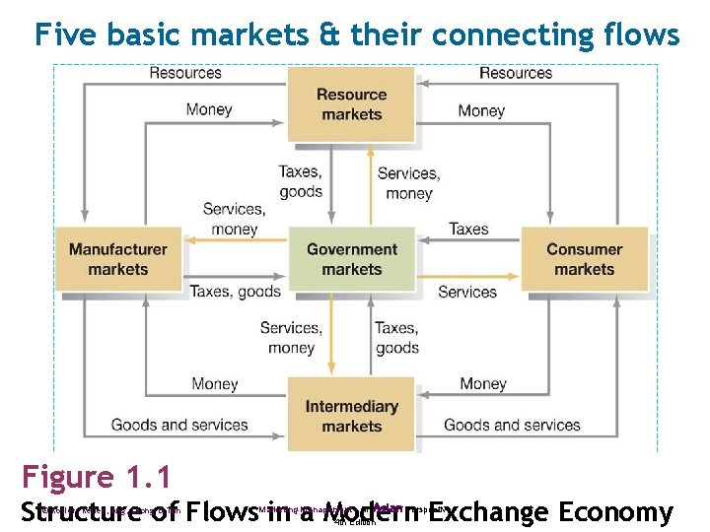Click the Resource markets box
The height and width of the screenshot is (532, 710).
[x=351, y=104]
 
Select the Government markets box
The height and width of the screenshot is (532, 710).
[x=351, y=259]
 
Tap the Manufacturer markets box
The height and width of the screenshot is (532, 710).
[x=118, y=259]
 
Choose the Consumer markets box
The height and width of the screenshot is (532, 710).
[x=584, y=259]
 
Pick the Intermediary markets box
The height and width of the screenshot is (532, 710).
[x=351, y=416]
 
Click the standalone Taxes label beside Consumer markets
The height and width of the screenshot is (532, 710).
[x=468, y=229]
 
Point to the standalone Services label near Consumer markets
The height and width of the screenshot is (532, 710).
[x=466, y=292]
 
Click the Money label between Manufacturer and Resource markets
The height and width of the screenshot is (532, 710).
[x=209, y=109]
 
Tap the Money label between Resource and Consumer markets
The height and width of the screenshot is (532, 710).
[x=481, y=110]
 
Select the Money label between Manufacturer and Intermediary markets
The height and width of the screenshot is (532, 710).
[x=214, y=383]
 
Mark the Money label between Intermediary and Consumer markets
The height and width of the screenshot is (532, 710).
[x=483, y=383]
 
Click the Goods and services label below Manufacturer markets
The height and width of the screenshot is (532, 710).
[x=179, y=425]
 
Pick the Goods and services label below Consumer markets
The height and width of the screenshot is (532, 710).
[x=512, y=425]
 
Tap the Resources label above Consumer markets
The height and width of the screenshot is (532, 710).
[x=516, y=72]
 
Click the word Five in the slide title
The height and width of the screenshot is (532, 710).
[x=66, y=35]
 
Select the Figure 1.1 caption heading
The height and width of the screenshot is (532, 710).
[x=97, y=478]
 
